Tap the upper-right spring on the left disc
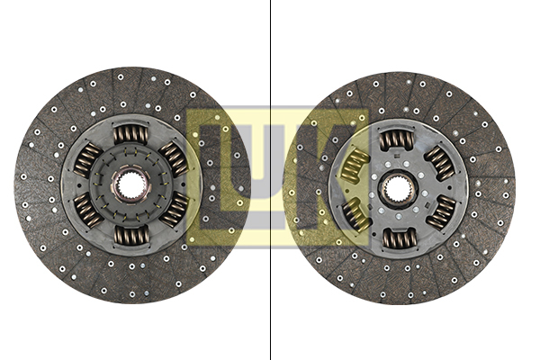click(174, 158)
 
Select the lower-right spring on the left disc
click(175, 209)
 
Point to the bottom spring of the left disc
click(131, 235)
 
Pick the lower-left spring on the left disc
click(88, 211)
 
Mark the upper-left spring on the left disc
click(87, 160)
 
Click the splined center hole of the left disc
click(130, 185)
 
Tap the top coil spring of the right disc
click(396, 139)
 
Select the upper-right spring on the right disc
click(438, 162)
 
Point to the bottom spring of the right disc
click(399, 238)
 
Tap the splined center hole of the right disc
click(397, 189)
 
